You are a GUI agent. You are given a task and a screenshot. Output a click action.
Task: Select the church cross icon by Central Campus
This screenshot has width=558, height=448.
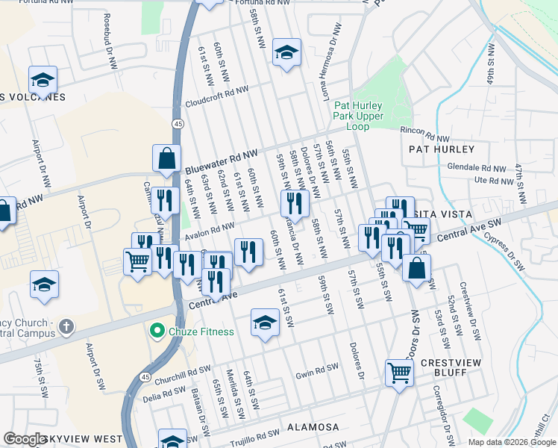pos(66,326)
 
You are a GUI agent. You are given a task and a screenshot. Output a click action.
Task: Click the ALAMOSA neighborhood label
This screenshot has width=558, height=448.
pos(313,427)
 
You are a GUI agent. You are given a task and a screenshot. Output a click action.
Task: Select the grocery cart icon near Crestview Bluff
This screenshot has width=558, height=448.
pos(400,372)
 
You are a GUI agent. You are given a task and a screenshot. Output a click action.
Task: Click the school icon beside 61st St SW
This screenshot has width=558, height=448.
pos(265,323)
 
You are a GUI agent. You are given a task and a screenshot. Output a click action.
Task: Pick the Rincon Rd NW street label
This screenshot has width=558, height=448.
pos(425,134)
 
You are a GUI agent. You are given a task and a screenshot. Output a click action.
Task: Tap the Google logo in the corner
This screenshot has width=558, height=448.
pos(25,439)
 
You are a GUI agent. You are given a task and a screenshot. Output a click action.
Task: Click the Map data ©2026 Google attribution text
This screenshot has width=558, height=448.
pos(511,442)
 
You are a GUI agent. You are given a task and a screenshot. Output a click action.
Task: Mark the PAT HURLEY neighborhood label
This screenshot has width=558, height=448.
pos(442,149)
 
